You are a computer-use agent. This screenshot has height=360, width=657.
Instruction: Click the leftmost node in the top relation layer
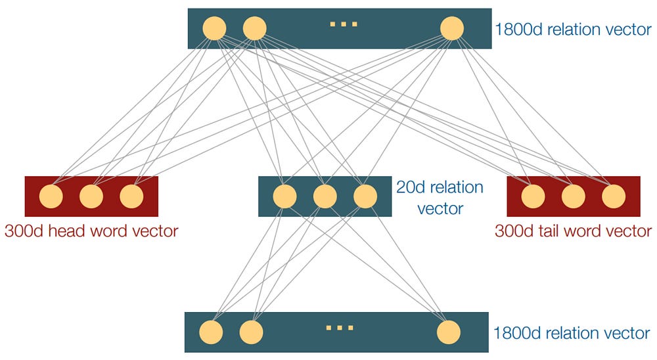click(214, 28)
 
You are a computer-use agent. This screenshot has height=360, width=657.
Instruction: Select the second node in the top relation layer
click(254, 28)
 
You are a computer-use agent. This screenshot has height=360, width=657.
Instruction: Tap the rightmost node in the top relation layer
click(452, 28)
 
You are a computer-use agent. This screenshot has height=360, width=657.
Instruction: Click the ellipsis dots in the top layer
click(343, 25)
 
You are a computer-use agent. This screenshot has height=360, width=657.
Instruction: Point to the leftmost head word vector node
click(51, 196)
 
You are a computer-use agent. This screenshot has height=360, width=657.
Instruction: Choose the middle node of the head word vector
click(91, 196)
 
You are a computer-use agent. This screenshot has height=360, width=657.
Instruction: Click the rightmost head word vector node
click(131, 196)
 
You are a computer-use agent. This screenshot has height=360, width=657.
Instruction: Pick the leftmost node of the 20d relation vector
click(284, 196)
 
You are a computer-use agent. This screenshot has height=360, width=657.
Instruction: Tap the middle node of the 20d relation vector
click(325, 196)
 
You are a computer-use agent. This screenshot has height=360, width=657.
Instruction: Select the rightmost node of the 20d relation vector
click(365, 196)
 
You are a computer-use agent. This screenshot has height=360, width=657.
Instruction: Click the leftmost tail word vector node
click(533, 196)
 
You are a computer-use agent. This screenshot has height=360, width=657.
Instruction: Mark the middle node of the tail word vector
click(573, 196)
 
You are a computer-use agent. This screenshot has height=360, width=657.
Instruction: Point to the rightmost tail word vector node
click(613, 196)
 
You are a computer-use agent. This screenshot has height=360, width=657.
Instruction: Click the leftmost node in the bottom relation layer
click(211, 332)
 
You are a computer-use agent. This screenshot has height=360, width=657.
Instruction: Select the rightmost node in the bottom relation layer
click(449, 332)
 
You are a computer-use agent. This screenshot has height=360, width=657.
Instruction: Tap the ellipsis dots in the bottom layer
click(340, 328)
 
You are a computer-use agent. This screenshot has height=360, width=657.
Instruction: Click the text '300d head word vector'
click(91, 231)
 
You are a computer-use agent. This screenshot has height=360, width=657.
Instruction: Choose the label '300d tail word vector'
click(574, 231)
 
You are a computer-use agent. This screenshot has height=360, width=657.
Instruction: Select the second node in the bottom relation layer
click(251, 332)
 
